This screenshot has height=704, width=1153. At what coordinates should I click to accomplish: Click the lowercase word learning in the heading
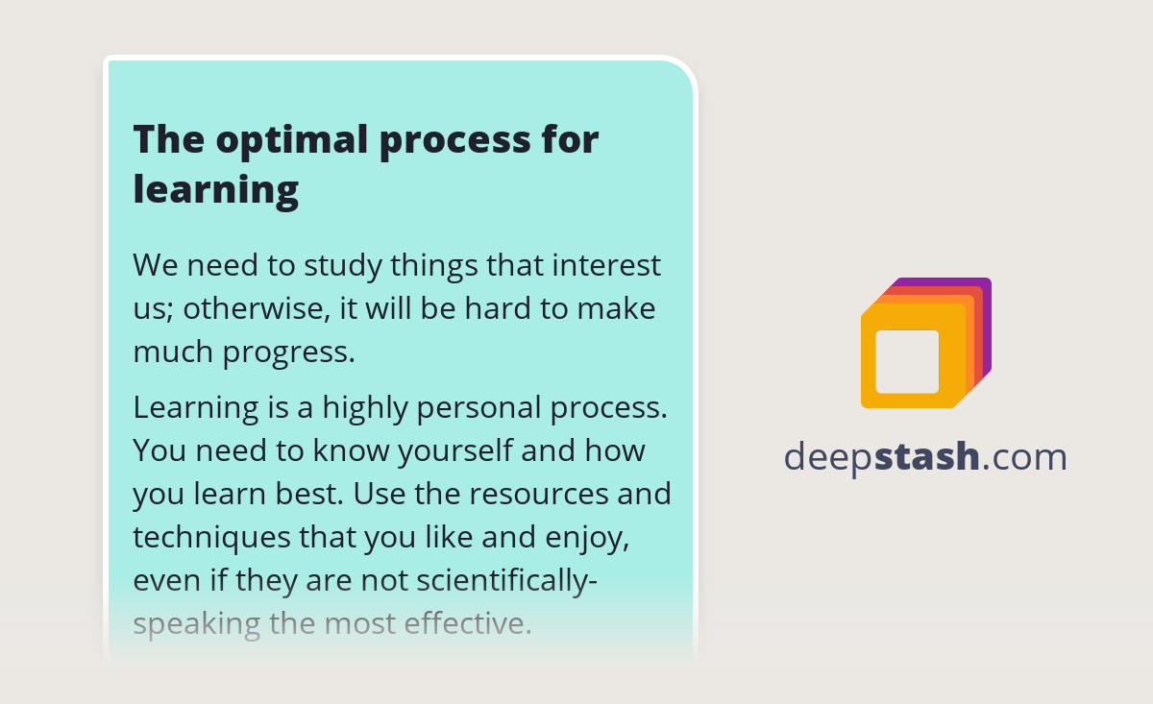[216, 189]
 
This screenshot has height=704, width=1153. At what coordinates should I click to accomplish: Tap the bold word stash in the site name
[927, 457]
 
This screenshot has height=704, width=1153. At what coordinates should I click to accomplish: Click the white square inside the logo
[907, 361]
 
